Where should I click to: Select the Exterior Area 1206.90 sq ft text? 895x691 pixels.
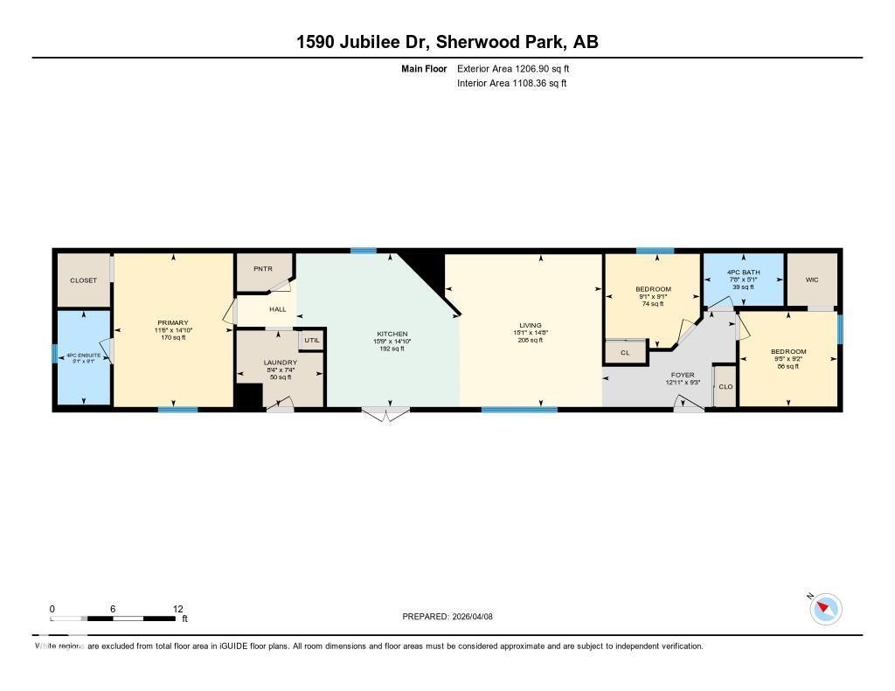point(513,68)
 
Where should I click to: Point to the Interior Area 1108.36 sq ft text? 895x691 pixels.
point(511,84)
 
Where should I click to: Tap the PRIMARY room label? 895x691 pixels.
point(173,323)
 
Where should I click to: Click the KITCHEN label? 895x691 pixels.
point(392,335)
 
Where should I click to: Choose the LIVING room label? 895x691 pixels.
point(530,325)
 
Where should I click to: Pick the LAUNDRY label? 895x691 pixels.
point(281,362)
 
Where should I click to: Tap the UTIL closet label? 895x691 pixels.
point(312,340)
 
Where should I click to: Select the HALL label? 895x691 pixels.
point(277,309)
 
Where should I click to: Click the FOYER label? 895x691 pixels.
point(683,375)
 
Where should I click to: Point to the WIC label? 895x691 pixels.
point(812,280)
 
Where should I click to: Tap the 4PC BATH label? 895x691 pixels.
point(744,273)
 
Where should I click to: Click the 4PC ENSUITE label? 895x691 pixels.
point(84,356)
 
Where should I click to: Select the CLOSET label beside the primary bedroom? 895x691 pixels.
point(84,280)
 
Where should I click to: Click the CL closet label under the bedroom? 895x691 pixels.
point(625,353)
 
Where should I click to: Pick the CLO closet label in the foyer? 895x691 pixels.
point(725,386)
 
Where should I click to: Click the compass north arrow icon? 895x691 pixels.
point(826,609)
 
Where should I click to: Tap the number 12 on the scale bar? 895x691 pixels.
point(177,609)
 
